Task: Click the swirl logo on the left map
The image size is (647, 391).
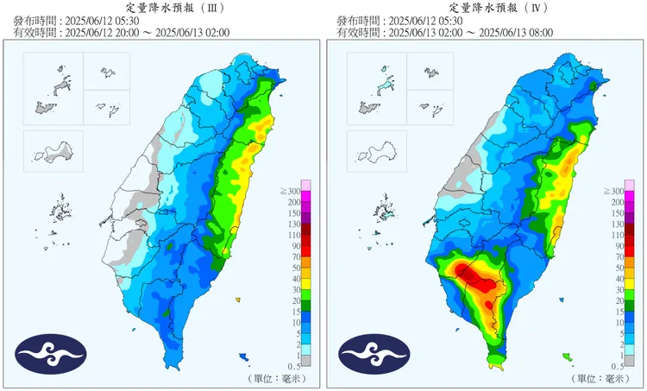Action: click(x=51, y=352)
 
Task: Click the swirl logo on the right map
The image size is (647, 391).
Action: click(x=374, y=352)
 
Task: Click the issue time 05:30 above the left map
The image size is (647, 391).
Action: click(x=129, y=20)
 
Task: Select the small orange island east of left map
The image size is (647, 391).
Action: click(x=237, y=300)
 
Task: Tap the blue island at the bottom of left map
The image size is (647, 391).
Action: click(x=245, y=356)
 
